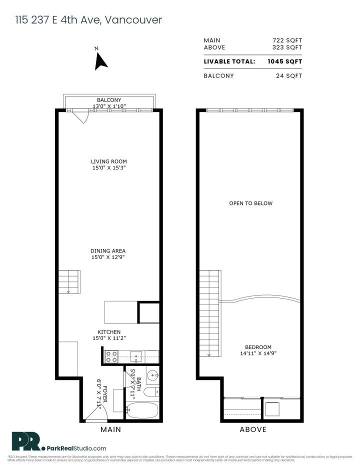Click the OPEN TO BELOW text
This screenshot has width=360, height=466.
[250, 203]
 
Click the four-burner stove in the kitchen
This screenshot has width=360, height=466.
[111, 356]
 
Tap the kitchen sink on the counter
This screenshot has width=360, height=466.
[136, 356]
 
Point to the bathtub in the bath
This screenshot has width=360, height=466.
[142, 410]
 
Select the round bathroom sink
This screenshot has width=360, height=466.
[153, 374]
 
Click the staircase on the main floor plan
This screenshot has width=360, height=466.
[69, 281]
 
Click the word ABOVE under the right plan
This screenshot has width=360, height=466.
[252, 429]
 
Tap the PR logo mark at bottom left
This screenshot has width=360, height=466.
[26, 441]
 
